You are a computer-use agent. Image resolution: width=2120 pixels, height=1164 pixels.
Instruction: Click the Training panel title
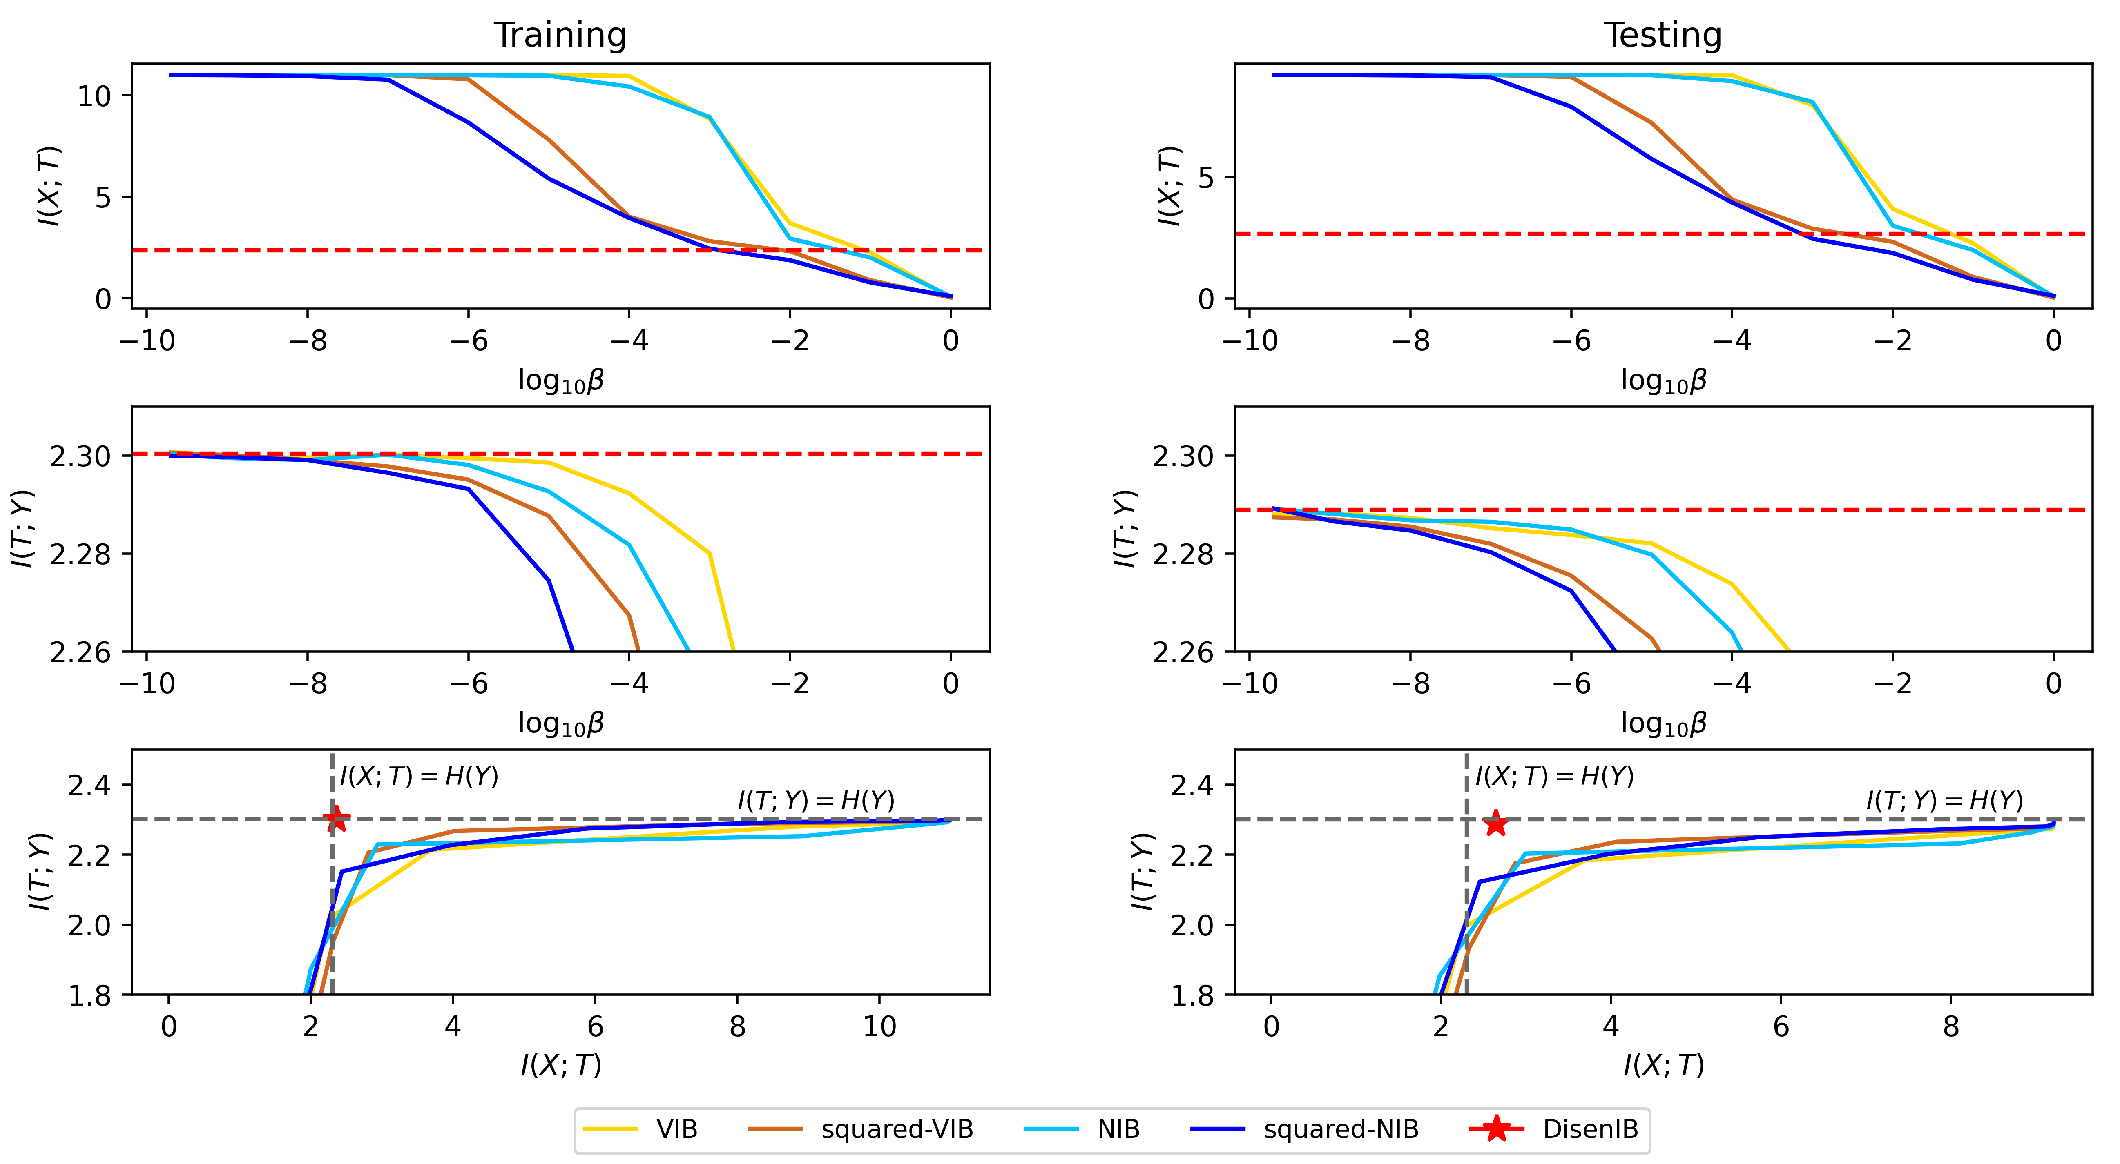(x=560, y=36)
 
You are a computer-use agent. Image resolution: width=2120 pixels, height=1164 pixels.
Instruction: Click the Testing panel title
(x=1663, y=36)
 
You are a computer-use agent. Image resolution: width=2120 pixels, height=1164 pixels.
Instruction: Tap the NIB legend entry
(x=1118, y=1129)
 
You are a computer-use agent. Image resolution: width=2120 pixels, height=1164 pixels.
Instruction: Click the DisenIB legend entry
(x=1590, y=1129)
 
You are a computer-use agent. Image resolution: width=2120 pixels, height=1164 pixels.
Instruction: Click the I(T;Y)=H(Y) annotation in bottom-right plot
(x=1944, y=800)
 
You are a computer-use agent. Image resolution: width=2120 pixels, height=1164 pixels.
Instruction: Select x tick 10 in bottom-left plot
(x=879, y=1027)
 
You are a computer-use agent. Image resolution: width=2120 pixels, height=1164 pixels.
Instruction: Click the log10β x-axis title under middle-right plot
(x=1663, y=724)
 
